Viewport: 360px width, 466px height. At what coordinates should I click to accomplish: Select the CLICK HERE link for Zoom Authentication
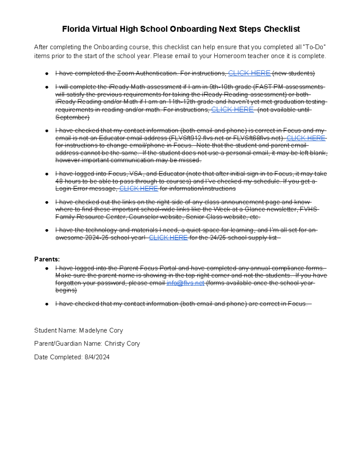249,73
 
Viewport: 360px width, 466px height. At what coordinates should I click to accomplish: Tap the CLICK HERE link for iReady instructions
232,110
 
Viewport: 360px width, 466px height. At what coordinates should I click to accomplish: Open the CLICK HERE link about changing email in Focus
306,138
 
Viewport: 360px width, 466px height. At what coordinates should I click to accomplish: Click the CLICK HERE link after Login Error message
139,188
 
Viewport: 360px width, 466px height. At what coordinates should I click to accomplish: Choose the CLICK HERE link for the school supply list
168,238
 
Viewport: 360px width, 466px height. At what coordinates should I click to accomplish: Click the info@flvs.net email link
185,283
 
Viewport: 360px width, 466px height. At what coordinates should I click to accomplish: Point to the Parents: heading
47,259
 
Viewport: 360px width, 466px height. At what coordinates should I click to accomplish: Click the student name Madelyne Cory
101,330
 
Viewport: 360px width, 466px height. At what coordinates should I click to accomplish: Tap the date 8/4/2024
97,357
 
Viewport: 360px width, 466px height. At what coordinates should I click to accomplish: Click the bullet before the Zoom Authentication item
47,74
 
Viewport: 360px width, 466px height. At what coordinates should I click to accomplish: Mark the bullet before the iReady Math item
47,87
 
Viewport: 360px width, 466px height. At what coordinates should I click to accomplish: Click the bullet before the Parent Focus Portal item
47,268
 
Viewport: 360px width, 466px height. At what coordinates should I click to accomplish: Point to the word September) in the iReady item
72,117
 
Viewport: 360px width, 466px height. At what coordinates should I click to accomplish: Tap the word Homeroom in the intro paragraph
228,56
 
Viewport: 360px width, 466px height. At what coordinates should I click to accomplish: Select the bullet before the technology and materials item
47,230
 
